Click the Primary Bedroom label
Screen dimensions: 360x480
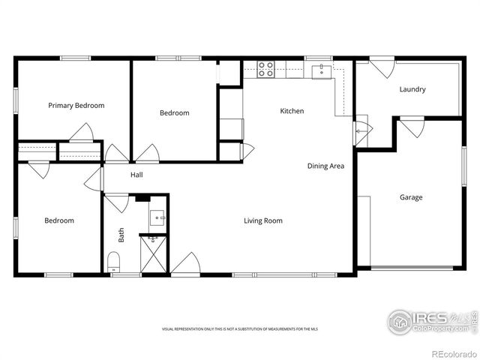click(76, 106)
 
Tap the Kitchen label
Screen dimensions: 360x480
click(292, 111)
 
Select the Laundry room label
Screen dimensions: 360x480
click(412, 89)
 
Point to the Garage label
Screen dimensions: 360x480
click(410, 197)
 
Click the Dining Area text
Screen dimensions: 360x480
click(325, 166)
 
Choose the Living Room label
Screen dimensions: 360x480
click(262, 220)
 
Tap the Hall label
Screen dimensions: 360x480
click(136, 175)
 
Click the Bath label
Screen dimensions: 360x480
click(121, 235)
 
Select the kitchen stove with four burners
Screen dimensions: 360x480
click(265, 70)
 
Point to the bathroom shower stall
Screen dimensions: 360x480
click(154, 253)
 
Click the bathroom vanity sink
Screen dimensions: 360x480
click(158, 218)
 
